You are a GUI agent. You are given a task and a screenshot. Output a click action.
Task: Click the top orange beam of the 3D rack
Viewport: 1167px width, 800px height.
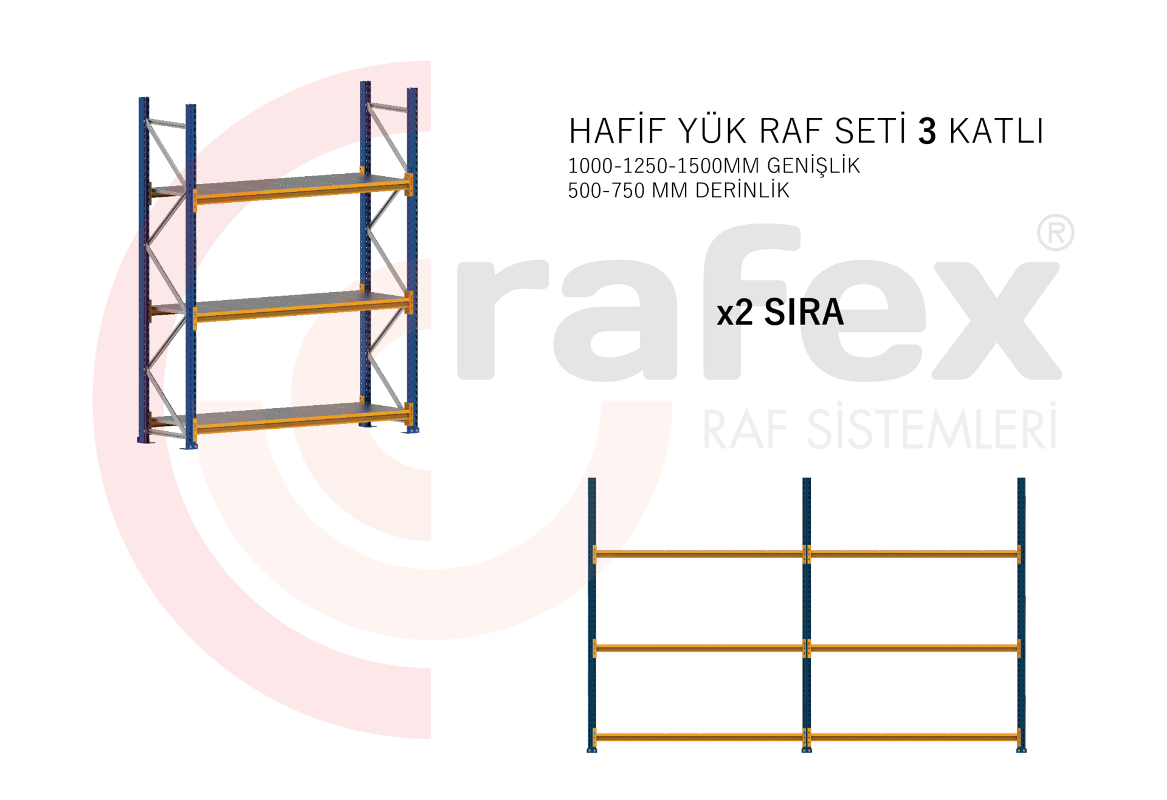pyautogui.click(x=301, y=193)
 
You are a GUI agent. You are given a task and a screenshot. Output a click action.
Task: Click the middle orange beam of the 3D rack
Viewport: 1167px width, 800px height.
pyautogui.click(x=301, y=310)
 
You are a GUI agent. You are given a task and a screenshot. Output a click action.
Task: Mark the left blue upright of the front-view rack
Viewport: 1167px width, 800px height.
pyautogui.click(x=592, y=607)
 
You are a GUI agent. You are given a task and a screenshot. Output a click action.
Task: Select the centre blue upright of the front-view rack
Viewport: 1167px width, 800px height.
pyautogui.click(x=807, y=607)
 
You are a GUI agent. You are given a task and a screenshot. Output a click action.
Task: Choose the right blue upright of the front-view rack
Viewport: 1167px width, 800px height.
pyautogui.click(x=1021, y=607)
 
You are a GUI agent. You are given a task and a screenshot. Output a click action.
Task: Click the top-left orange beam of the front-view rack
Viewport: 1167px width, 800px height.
pyautogui.click(x=699, y=554)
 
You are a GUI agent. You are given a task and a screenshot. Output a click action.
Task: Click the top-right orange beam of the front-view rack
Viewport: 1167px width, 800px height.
pyautogui.click(x=914, y=554)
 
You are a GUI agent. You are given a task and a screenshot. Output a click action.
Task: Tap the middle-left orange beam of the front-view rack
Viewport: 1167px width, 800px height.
pyautogui.click(x=699, y=648)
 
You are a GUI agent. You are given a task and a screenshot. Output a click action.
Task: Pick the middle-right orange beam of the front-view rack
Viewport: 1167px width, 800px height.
pyautogui.click(x=914, y=648)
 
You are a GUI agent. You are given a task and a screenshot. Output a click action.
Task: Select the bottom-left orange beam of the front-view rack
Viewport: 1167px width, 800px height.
pyautogui.click(x=699, y=737)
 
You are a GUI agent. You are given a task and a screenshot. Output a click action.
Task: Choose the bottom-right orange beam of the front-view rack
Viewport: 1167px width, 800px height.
pyautogui.click(x=914, y=737)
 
